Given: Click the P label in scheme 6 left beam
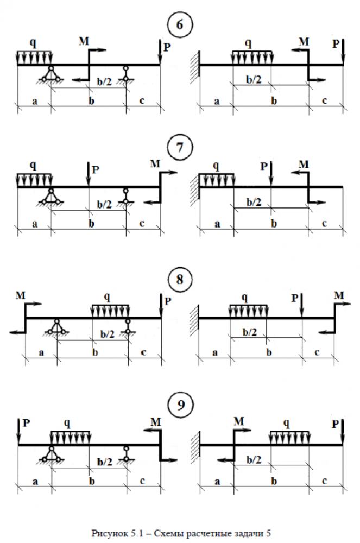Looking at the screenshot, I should coord(167,48).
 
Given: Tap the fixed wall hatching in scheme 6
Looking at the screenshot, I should coord(195,64).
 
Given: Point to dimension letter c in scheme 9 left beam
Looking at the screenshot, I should coord(142,481).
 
